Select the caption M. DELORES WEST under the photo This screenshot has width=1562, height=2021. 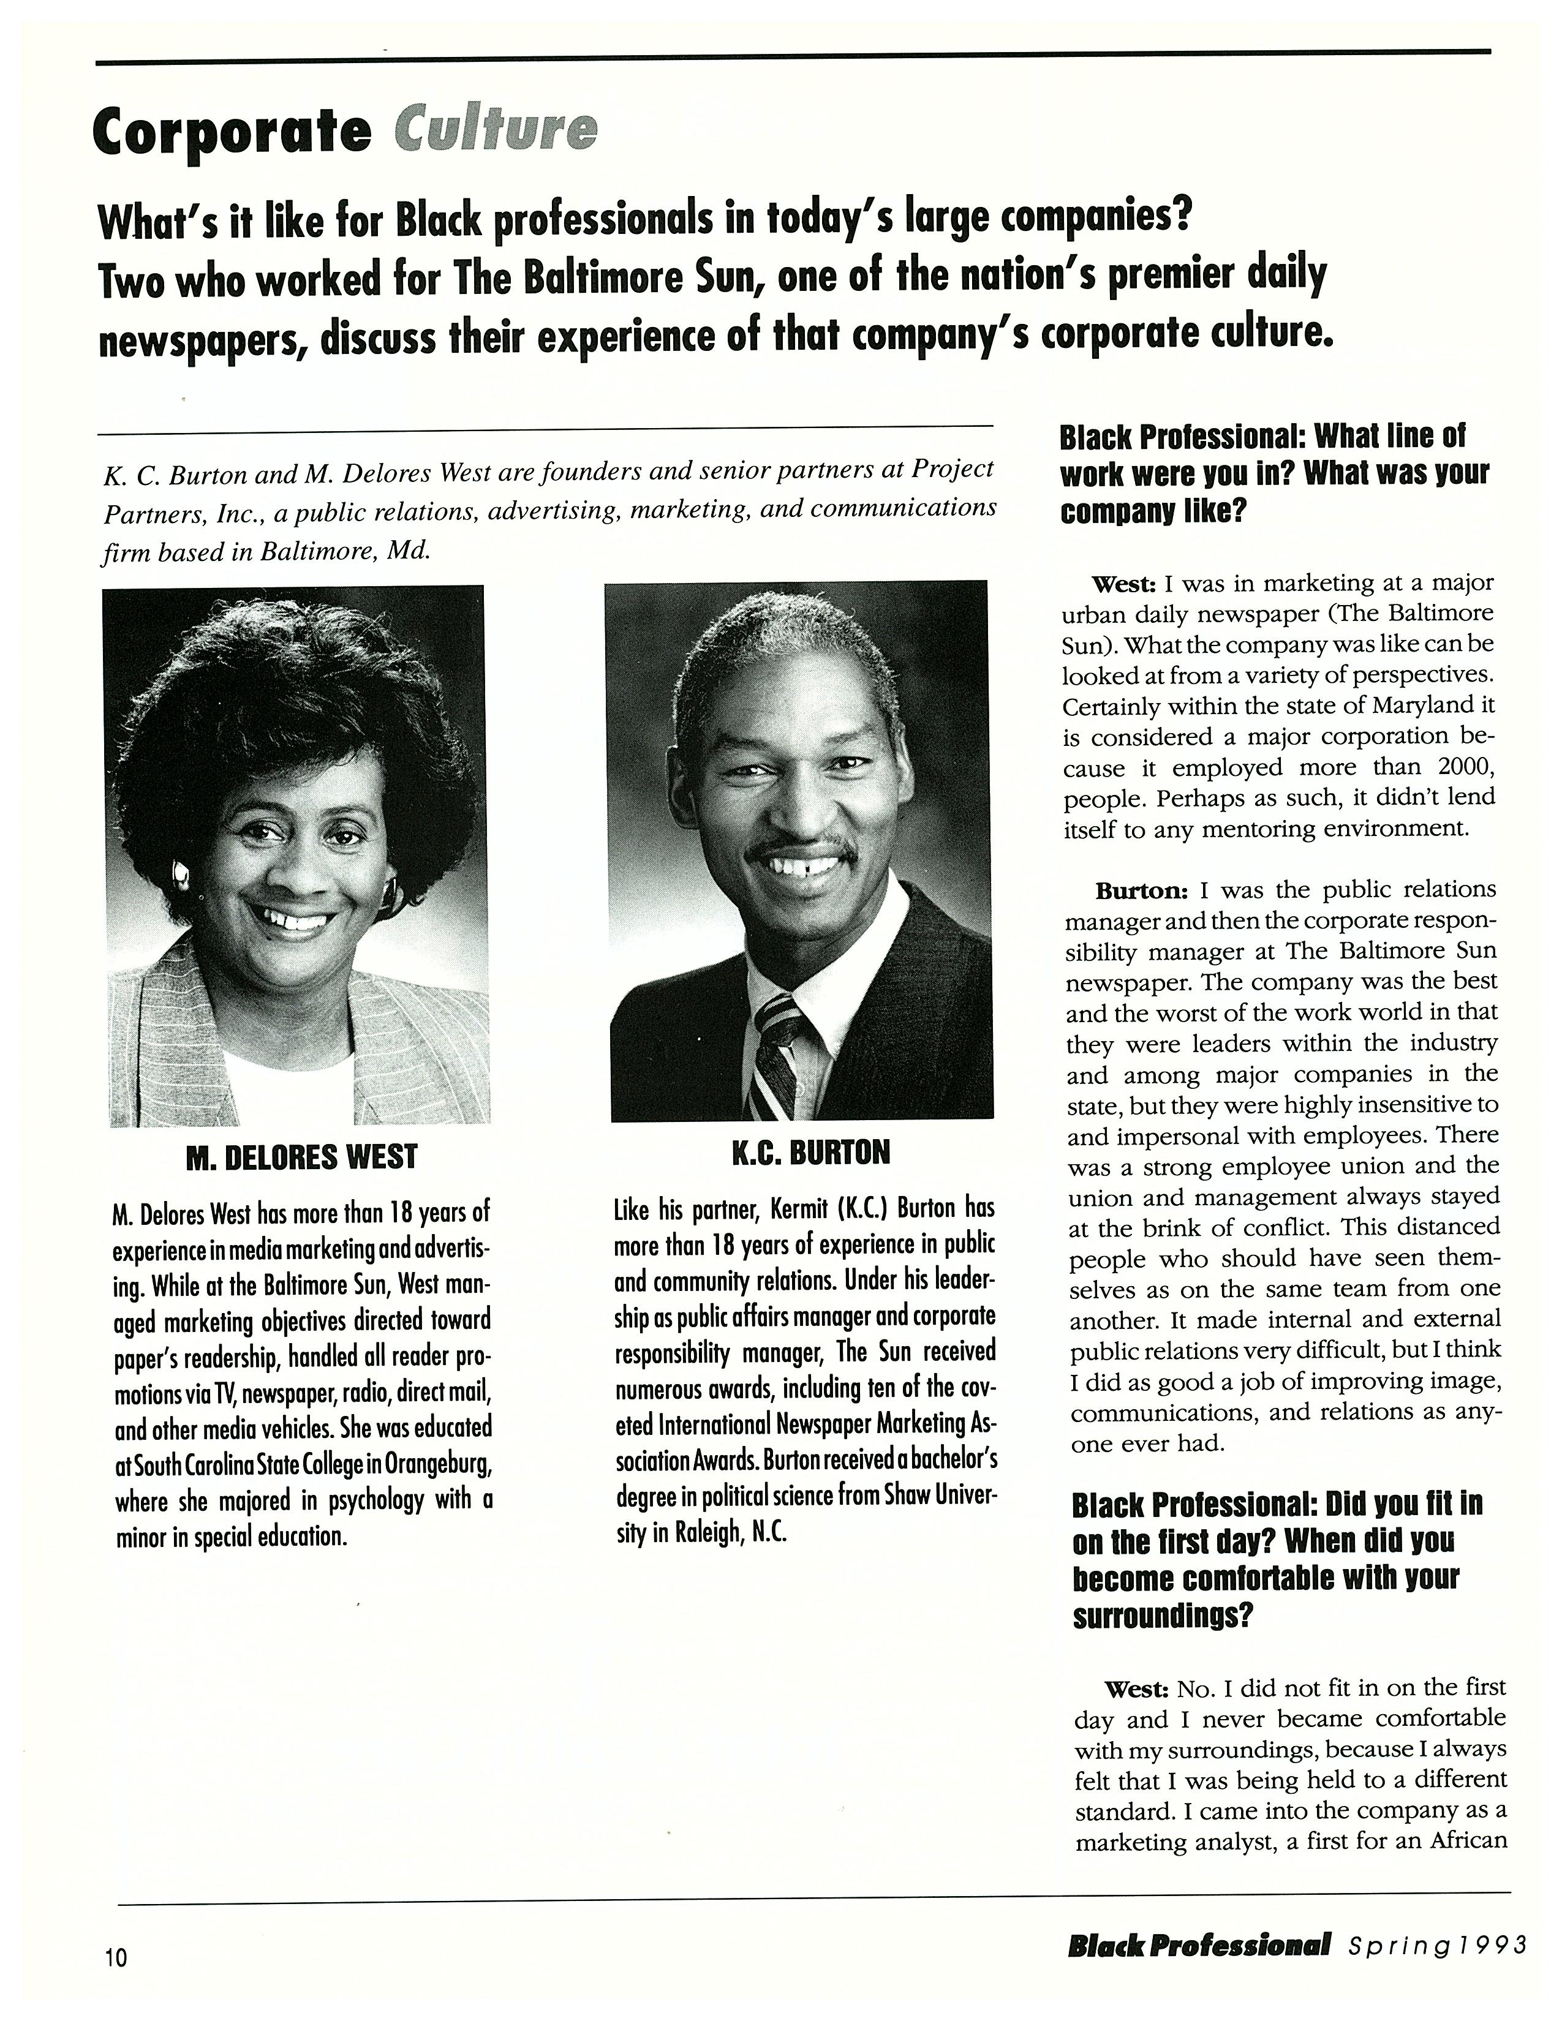tap(301, 1157)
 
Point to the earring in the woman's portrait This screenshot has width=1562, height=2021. tap(181, 871)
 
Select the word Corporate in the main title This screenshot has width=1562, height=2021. tap(232, 132)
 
